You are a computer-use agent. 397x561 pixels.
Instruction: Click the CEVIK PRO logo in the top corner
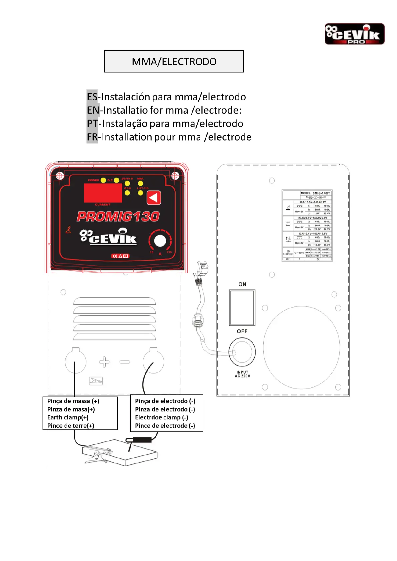pos(354,34)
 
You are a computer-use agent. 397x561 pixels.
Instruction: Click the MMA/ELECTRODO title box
pos(174,62)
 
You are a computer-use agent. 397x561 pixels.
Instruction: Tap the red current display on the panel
pos(103,193)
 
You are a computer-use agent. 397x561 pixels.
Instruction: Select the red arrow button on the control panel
pos(154,198)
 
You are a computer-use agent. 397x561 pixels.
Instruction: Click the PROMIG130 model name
pos(118,217)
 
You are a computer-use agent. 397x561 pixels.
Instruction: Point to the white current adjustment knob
pos(160,241)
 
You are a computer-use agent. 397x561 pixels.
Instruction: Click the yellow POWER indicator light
pos(103,180)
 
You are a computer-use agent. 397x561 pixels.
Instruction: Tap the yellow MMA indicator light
pos(140,184)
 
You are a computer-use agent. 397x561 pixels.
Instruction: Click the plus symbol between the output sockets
pos(104,362)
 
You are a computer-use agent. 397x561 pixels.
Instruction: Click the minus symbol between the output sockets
pos(125,362)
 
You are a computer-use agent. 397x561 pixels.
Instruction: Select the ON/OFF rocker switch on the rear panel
pos(242,307)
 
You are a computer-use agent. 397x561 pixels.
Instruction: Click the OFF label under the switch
pos(242,331)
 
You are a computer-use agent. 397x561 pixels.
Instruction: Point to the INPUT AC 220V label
pos(242,374)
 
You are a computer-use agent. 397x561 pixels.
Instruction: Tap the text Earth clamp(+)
pos(68,417)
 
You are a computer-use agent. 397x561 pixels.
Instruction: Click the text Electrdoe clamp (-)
pos(162,417)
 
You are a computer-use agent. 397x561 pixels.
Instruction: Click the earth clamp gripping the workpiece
pos(97,454)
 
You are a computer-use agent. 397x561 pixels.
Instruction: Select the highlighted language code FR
pos(92,137)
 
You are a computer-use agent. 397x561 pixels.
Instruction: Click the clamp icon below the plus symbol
pos(96,381)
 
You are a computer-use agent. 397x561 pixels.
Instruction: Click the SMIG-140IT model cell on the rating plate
pos(321,193)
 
